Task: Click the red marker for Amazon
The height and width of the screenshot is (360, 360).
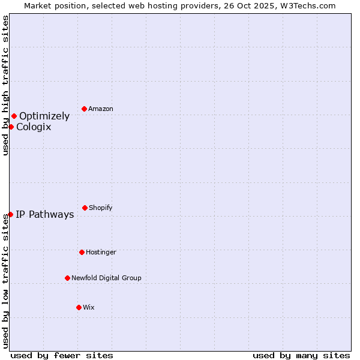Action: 84,109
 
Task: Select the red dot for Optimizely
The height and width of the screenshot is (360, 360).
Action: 14,116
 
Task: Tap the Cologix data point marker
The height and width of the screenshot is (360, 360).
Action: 11,127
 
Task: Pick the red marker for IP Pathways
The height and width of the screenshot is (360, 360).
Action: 10,214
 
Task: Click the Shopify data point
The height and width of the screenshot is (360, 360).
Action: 85,208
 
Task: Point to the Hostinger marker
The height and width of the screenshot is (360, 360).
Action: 82,252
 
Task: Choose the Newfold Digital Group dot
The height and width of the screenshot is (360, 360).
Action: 67,278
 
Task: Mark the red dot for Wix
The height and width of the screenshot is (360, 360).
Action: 79,307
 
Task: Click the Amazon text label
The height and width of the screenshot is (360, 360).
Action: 101,109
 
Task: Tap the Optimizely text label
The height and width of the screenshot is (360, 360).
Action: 44,116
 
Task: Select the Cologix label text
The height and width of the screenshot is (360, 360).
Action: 34,127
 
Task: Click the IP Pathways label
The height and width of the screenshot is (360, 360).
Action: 45,215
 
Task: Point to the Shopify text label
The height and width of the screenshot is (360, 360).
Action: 101,208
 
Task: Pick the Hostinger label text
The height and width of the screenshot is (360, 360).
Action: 101,252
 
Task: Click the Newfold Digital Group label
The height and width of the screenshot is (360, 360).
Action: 106,278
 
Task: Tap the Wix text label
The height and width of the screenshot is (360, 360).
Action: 89,307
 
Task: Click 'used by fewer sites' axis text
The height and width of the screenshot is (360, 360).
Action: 62,355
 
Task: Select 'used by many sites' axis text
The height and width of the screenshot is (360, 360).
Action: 301,355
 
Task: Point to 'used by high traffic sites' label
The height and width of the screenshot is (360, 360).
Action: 5,85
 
